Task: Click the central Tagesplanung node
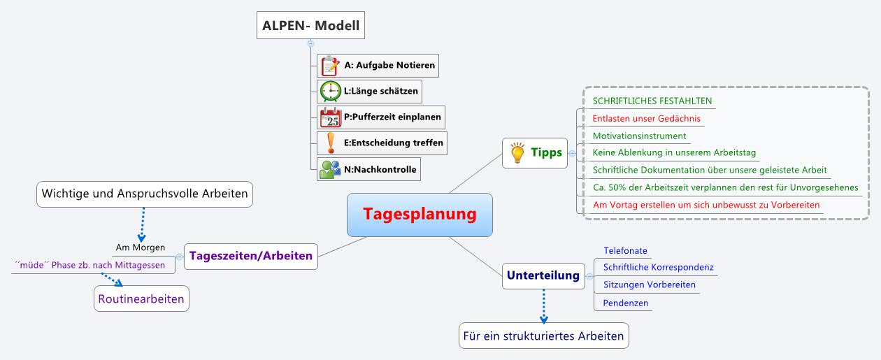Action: coord(420,215)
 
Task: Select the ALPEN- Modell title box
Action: coord(310,27)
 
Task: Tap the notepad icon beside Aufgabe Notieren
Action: coord(330,66)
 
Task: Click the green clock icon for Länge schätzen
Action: coord(330,92)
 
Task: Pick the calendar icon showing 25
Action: coord(330,117)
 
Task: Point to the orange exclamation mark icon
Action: coord(330,143)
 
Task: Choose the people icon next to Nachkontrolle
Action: coord(330,169)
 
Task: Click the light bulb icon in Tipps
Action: coord(517,152)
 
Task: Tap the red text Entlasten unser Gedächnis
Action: coord(646,118)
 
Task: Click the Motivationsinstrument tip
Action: coord(639,136)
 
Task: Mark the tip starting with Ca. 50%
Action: coord(725,187)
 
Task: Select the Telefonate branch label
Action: coord(625,250)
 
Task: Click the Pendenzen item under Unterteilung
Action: coord(625,303)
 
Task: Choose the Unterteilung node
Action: coord(543,275)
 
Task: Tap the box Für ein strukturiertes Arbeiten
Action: coord(543,336)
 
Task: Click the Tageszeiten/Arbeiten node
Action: coord(251,256)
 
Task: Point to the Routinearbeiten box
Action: coord(141,299)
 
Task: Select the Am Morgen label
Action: coord(140,247)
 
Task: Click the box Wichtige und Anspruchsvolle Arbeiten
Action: coord(145,194)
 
